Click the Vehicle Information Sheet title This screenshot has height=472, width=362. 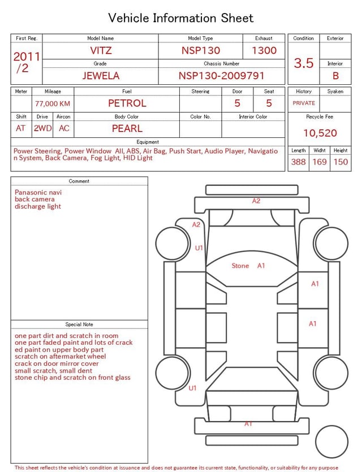(181, 18)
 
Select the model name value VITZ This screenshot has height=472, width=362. (101, 50)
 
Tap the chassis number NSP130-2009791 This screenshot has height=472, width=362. (221, 75)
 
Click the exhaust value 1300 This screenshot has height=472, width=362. (264, 50)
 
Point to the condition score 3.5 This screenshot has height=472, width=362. (304, 63)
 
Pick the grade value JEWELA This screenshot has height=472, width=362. (101, 75)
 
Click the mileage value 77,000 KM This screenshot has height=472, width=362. (53, 103)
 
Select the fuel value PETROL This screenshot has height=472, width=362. (127, 103)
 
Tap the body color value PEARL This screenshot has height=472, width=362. (127, 128)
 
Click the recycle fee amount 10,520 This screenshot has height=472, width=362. (320, 133)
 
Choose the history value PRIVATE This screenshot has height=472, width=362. (304, 103)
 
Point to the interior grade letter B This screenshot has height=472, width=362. (335, 75)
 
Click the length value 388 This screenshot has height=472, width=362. (298, 162)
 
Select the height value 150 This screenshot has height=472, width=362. (341, 162)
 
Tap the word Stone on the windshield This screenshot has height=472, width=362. (240, 266)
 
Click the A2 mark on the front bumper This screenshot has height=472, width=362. (256, 201)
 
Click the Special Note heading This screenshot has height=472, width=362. (79, 324)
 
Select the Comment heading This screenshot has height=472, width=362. (79, 181)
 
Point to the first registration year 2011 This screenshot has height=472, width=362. (27, 57)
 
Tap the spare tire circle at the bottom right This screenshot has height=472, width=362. (331, 441)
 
